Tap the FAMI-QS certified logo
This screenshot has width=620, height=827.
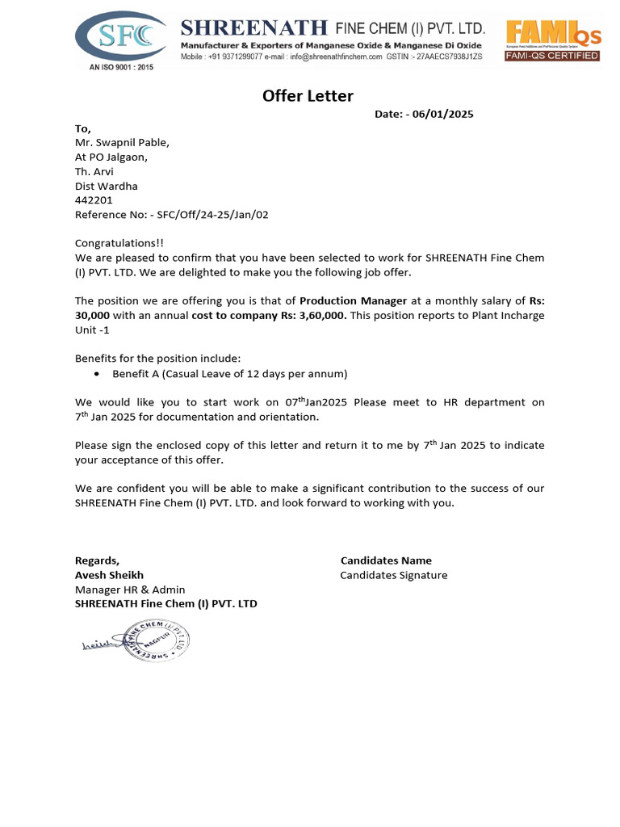[x=553, y=40]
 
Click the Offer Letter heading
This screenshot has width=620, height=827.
[x=308, y=96]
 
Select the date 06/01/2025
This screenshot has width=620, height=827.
[x=442, y=114]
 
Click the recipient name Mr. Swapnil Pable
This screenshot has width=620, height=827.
[x=122, y=143]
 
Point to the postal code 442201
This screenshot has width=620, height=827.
[x=94, y=200]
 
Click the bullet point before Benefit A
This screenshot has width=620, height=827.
[x=98, y=374]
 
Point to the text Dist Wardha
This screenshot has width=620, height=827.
[x=107, y=186]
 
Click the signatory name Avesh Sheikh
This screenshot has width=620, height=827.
[x=109, y=575]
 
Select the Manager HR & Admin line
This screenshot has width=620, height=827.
[x=130, y=590]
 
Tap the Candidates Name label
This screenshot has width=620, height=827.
[x=386, y=560]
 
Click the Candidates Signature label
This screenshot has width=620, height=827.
[x=394, y=575]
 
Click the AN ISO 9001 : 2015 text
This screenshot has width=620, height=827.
[x=120, y=68]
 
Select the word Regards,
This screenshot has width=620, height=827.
[x=97, y=560]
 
